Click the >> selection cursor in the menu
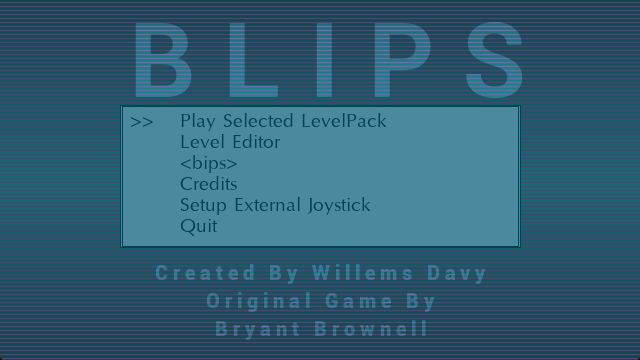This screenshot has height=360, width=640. (142, 122)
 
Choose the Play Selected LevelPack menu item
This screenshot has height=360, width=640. (283, 121)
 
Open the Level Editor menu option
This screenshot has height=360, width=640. (230, 142)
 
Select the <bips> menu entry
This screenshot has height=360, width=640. (209, 163)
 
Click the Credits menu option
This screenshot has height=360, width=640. (209, 184)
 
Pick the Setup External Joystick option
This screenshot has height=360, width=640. (275, 205)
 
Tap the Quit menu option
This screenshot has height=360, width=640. (198, 226)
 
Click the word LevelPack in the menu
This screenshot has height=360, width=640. (343, 121)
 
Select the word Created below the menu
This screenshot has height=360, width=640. (193, 273)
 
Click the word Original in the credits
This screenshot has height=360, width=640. (260, 300)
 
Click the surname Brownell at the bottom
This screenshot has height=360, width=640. (371, 328)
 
